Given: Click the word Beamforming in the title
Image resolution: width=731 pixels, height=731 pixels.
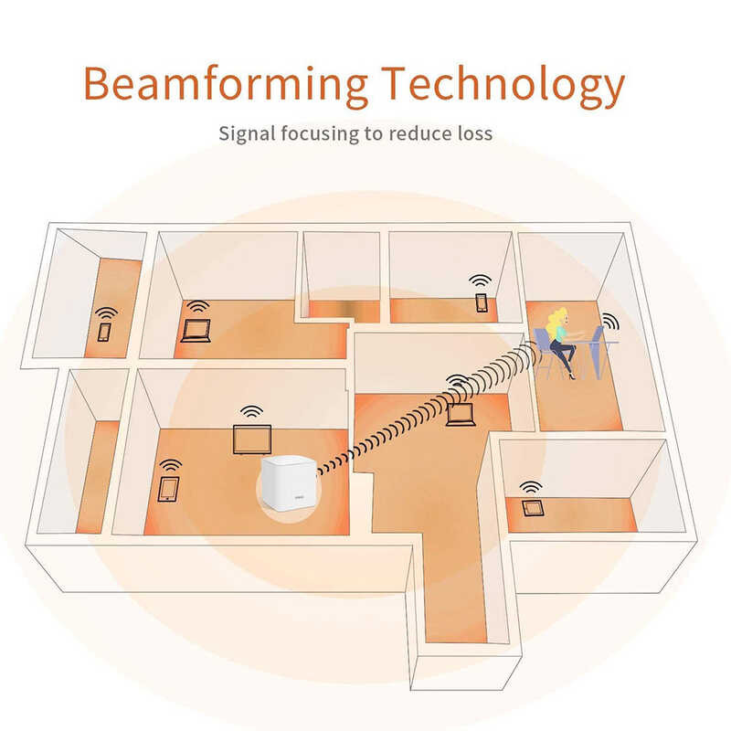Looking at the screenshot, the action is coord(226,84).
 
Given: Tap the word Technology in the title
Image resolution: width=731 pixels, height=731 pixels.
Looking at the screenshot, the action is coord(503,87).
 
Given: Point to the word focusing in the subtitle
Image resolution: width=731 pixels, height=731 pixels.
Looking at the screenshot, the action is coord(321,134).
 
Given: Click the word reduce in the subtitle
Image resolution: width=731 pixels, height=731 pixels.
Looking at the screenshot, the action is coord(415,133).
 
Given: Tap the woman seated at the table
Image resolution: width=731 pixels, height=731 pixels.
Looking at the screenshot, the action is coord(561,342).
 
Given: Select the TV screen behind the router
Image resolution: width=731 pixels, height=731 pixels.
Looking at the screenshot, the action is coord(252,440).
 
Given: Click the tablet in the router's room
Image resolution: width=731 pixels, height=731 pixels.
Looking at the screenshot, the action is coord(168,489).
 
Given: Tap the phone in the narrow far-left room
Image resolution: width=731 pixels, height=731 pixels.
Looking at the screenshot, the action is coord(104,332).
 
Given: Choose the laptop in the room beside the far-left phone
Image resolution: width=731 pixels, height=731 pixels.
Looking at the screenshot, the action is coord(196,331).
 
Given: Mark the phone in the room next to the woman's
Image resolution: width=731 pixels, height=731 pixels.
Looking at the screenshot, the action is coord(482,302).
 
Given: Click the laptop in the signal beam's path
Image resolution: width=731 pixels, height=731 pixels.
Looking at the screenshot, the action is coord(461,414).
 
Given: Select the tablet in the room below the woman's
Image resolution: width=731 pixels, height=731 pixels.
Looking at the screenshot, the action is coord(533,508).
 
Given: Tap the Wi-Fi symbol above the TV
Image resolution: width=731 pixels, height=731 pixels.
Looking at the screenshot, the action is coord(252,412).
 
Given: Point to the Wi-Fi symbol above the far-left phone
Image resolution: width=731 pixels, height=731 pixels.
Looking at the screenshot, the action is coord(107,313).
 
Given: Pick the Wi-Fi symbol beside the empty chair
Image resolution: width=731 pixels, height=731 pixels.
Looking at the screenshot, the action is coord(610,323).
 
